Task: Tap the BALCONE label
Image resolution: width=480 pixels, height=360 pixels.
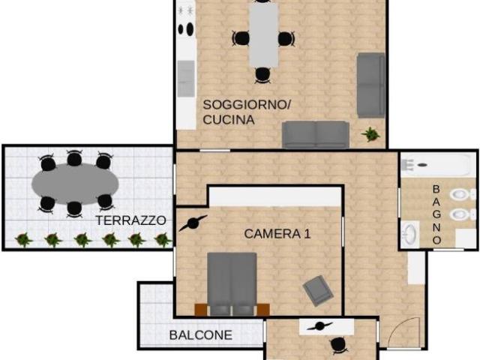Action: point(200,335)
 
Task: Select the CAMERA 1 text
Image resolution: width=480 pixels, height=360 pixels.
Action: point(277,234)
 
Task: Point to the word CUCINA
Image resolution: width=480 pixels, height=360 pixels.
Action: point(229,119)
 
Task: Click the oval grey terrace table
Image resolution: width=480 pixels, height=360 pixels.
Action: point(75,183)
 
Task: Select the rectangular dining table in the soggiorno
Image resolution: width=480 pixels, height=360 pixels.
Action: point(263,34)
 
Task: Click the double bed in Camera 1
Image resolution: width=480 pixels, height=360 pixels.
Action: point(232,283)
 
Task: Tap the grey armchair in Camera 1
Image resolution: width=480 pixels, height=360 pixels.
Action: point(318,290)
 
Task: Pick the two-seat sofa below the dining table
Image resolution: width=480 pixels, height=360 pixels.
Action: point(315,135)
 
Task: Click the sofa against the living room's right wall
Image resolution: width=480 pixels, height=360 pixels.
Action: point(370,85)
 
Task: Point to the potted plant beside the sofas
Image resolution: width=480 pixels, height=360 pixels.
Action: point(370,135)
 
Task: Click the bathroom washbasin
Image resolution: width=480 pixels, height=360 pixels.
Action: point(409,235)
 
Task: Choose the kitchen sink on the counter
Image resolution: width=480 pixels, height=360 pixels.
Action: point(186,77)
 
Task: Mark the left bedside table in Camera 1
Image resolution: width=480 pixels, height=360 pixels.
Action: point(200,309)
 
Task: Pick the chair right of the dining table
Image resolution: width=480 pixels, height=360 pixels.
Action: point(285,39)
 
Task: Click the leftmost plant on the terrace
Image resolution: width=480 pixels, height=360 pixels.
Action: point(24,239)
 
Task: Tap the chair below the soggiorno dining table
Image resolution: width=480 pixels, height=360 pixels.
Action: point(262,74)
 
